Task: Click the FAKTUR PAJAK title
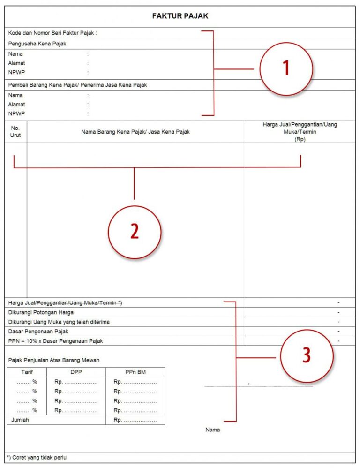(180, 16)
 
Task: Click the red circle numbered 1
(286, 69)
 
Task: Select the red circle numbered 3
(307, 355)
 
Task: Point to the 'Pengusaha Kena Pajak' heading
(37, 44)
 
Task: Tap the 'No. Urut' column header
(15, 131)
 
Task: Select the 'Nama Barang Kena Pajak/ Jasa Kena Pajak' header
(135, 132)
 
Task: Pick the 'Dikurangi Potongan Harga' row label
(41, 312)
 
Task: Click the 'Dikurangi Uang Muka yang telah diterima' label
(59, 322)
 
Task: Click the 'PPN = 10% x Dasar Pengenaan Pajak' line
(55, 341)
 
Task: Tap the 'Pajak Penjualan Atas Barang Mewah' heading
(54, 360)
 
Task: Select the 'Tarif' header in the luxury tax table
(27, 372)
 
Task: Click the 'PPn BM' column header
(135, 372)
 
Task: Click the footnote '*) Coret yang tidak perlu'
(37, 457)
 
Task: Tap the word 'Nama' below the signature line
(212, 430)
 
